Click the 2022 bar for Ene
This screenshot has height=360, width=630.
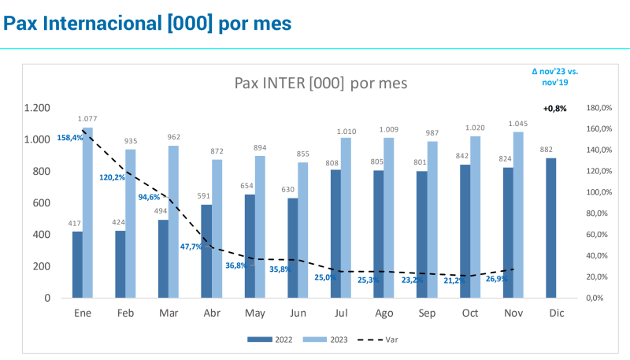pos(77,265)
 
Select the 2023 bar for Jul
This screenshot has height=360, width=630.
pos(346,218)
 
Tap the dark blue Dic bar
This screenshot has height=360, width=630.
pos(550,228)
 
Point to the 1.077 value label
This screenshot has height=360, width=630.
pos(88,119)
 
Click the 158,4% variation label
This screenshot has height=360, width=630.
pos(70,137)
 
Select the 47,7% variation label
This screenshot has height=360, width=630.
pos(191,247)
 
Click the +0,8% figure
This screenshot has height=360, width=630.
pos(554,108)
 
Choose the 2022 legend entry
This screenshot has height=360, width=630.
pos(272,340)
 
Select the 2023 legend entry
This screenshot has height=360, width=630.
pos(327,340)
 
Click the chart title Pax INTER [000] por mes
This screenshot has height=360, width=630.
pos(321,83)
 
